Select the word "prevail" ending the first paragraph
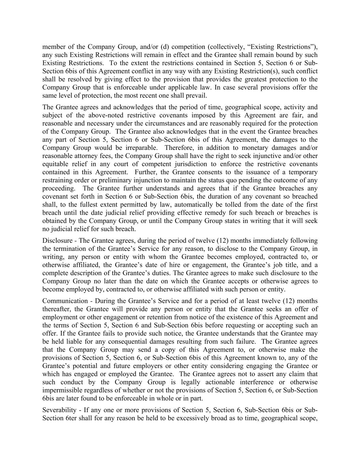[x=197, y=96]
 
